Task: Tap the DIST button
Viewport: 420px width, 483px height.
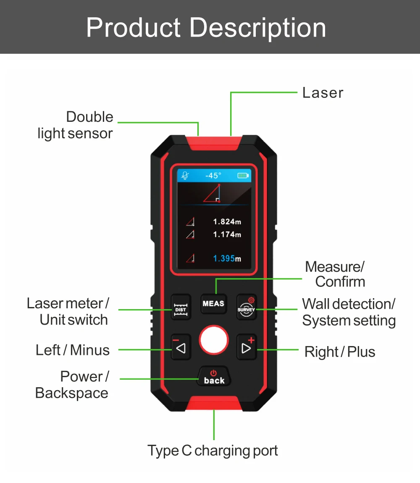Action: point(181,306)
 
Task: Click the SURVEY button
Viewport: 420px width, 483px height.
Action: point(246,307)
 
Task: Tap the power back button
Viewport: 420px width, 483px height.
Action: point(214,377)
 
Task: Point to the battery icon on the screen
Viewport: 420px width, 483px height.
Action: point(243,176)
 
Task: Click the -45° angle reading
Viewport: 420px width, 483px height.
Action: point(213,176)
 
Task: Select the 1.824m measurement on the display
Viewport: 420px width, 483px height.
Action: point(227,222)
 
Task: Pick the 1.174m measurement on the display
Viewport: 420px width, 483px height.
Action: point(227,234)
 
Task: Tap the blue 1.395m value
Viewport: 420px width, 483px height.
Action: point(227,258)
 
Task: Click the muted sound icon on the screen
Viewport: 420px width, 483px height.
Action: point(185,176)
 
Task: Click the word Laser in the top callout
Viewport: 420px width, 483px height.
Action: point(323,93)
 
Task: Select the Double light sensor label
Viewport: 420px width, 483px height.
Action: point(76,125)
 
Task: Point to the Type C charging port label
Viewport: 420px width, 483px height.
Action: point(213,451)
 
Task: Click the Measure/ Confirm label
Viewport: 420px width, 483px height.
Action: point(336,274)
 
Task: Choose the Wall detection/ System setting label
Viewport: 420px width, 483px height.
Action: point(349,312)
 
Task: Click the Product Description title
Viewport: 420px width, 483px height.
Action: point(206,28)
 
